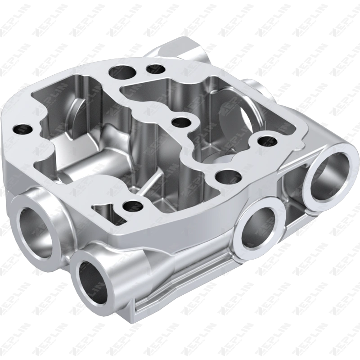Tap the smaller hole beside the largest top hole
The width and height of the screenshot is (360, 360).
pos(156,69)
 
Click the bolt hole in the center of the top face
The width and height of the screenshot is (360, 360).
pos(181,122)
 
